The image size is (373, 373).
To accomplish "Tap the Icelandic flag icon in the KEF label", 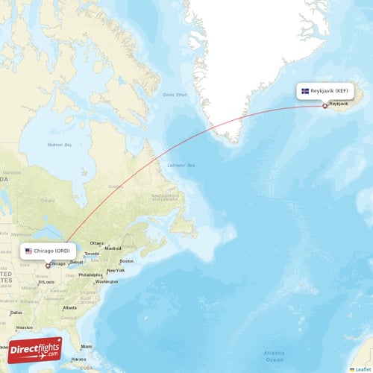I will coord(305,91).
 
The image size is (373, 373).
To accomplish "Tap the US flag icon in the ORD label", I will coord(28,251).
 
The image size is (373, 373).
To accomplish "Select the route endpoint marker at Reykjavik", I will coord(325,105).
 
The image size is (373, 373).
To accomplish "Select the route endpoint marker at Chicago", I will coord(48,265).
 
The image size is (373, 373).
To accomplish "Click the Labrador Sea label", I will coord(181,165).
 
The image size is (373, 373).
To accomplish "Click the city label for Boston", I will coord(126,260).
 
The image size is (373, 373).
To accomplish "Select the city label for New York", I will coord(115,270).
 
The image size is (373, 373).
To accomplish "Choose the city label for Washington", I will coord(107,281).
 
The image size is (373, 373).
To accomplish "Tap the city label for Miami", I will coord(87,346).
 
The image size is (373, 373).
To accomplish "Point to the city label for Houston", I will coord(25,327).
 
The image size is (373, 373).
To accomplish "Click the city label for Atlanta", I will coord(70,307).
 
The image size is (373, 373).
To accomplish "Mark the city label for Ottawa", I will coord(97,243).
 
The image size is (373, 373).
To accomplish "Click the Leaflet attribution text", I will coord(363,369).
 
